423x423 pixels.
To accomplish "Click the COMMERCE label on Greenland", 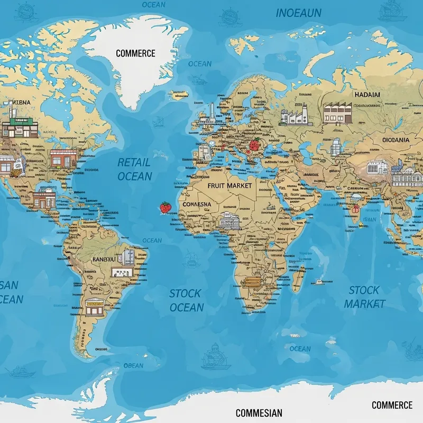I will coord(135,53).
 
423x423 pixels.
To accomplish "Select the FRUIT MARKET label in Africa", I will coord(229,186).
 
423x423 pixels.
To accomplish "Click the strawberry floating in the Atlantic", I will coord(165,208).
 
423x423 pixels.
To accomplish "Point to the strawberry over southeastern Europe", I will coord(255,145).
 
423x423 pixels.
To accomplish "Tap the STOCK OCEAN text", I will coord(186,300).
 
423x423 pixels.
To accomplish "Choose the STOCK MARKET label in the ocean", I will coord(364,297).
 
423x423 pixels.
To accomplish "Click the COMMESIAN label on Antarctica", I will coord(259,413).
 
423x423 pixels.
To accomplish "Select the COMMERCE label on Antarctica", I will coord(392,405).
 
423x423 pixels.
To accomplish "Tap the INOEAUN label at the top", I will coord(300,13).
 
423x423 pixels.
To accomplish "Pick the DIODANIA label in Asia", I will coord(395,140).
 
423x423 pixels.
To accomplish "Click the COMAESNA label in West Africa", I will coord(196,204).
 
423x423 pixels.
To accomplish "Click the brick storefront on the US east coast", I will coord(63,158).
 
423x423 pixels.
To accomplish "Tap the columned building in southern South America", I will coord(95,306).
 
